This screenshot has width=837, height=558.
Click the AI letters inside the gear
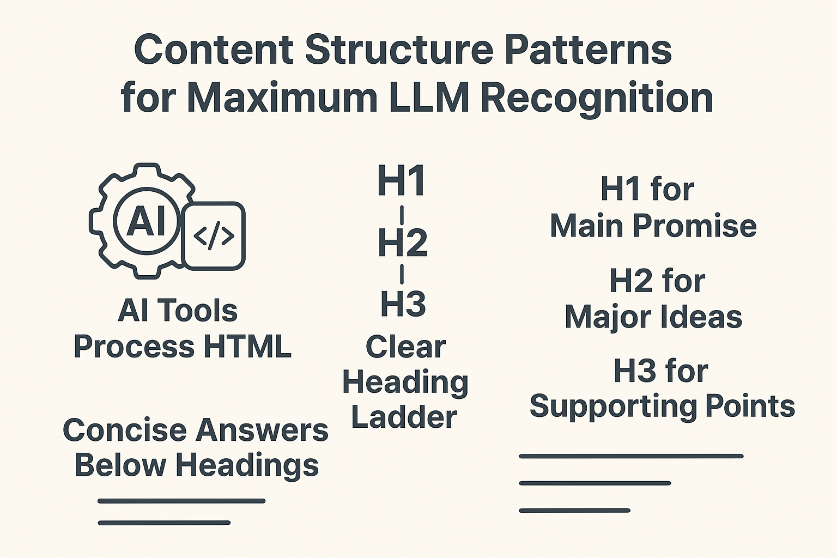click(x=146, y=221)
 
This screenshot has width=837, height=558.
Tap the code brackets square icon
click(x=214, y=236)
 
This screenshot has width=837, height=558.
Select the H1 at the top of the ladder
click(x=402, y=181)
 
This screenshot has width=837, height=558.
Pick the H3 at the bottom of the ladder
click(x=403, y=304)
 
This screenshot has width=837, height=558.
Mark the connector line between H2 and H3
click(x=402, y=274)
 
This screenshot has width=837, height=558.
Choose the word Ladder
click(x=404, y=417)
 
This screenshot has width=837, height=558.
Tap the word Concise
click(x=125, y=430)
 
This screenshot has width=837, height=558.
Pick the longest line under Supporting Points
click(x=631, y=456)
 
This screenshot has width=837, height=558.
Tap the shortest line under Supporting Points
click(x=574, y=511)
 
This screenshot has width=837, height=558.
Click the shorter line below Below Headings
click(x=164, y=523)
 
